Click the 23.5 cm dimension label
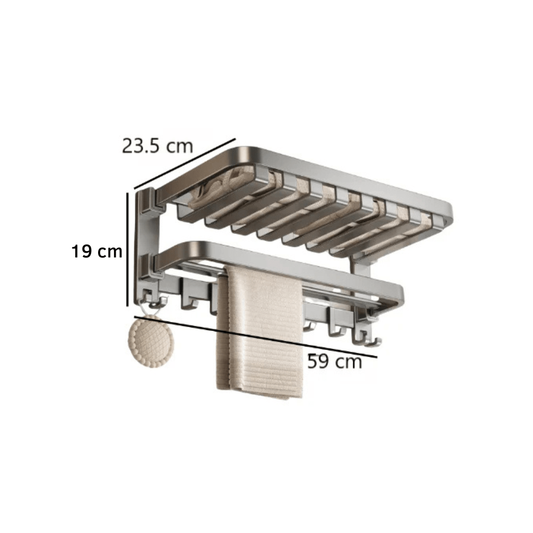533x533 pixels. coord(157,145)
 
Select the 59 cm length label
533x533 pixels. coord(334,362)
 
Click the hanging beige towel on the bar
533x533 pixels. coord(260,330)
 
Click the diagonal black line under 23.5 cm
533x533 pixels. coord(184,164)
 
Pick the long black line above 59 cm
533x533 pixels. coord(256,336)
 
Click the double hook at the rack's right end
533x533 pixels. coord(366,335)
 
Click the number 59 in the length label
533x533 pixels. coord(318,362)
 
